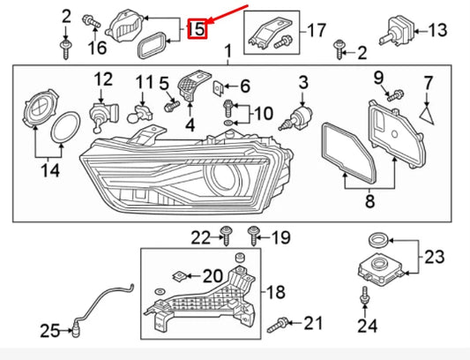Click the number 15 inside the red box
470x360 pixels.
(x=199, y=30)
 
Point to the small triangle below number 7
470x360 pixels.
(x=429, y=112)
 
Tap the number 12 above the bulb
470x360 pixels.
(x=104, y=80)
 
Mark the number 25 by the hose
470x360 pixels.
(x=50, y=332)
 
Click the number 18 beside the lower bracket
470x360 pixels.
(x=275, y=292)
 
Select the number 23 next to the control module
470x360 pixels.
(x=435, y=258)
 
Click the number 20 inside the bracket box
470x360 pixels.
(x=213, y=276)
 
